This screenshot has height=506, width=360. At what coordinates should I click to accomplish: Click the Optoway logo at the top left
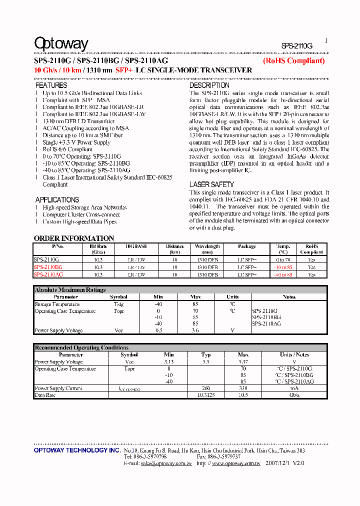pos(61,44)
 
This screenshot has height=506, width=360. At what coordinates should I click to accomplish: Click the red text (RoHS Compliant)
pos(294,60)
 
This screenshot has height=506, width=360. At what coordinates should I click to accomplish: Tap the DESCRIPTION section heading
pos(209,85)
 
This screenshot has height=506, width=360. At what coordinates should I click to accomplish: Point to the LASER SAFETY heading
pos(211,184)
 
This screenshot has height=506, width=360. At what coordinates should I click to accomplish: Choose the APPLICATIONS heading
pos(57,199)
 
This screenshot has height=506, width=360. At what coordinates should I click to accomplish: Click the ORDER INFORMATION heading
pos(74,238)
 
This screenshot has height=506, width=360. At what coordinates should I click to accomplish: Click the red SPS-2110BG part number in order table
pos(48,267)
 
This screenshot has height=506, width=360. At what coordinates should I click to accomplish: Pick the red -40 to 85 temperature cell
pos(283,274)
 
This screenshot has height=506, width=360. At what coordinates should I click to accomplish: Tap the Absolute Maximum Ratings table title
pos(70,290)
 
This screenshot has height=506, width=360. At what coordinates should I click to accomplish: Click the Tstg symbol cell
pos(118,304)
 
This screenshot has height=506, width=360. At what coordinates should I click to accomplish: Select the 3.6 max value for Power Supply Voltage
pos(195,330)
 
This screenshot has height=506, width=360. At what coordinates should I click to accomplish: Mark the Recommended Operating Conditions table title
pos(81,347)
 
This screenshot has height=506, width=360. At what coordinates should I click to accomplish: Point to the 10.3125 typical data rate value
pos(206,395)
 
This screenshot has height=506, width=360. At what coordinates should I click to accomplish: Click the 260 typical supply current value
pos(206,388)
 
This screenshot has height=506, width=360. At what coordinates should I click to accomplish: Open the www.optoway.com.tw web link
pos(236,463)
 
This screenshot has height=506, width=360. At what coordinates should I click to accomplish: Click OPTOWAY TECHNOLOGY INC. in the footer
pos(77,450)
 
